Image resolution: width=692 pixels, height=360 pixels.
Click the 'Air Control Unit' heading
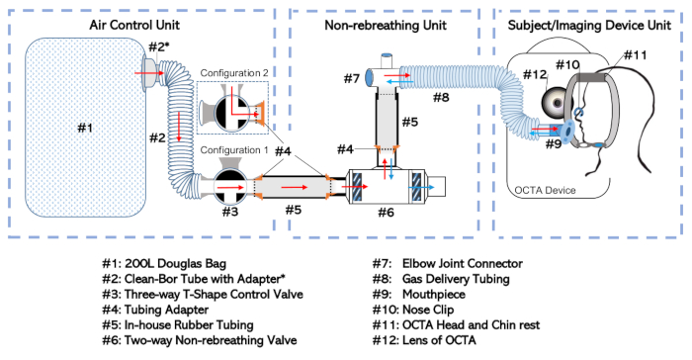tap(134, 25)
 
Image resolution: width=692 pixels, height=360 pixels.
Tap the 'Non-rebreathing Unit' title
tap(386, 25)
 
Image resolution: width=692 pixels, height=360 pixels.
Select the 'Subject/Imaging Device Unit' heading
tap(589, 25)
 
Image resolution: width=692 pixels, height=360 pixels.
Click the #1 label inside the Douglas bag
tap(85, 128)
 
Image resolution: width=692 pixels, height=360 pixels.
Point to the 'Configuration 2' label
tap(234, 73)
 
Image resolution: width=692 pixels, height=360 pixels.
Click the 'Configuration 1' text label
tap(234, 150)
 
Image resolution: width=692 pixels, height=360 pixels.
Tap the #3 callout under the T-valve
tap(230, 212)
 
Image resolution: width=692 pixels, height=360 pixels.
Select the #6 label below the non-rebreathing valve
tap(386, 213)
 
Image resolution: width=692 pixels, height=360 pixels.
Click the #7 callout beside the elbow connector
tap(352, 78)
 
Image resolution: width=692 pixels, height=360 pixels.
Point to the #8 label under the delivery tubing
tap(441, 97)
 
